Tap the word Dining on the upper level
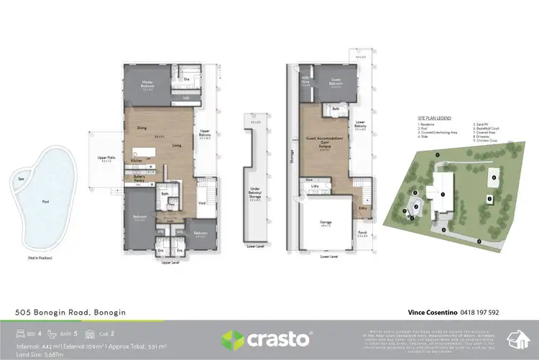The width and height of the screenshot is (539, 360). (142, 129)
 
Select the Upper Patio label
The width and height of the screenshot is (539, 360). (107, 157)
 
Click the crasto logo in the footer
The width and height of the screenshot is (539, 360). (267, 338)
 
